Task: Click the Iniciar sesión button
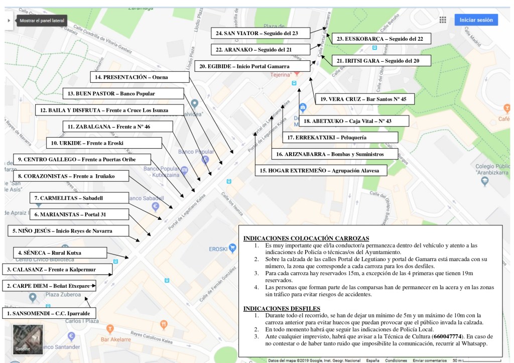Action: (476, 20)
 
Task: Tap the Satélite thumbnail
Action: (28, 340)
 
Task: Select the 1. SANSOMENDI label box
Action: (49, 313)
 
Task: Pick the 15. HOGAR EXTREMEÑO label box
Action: (323, 171)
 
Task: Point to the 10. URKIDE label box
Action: (104, 143)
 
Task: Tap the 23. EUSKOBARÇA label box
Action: (380, 39)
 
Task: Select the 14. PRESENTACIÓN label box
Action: (140, 77)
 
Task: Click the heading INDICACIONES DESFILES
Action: (281, 308)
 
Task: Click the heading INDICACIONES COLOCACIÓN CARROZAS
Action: (306, 238)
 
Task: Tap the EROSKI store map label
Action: (218, 248)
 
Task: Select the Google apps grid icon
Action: (443, 20)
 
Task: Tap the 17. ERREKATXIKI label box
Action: (340, 137)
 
